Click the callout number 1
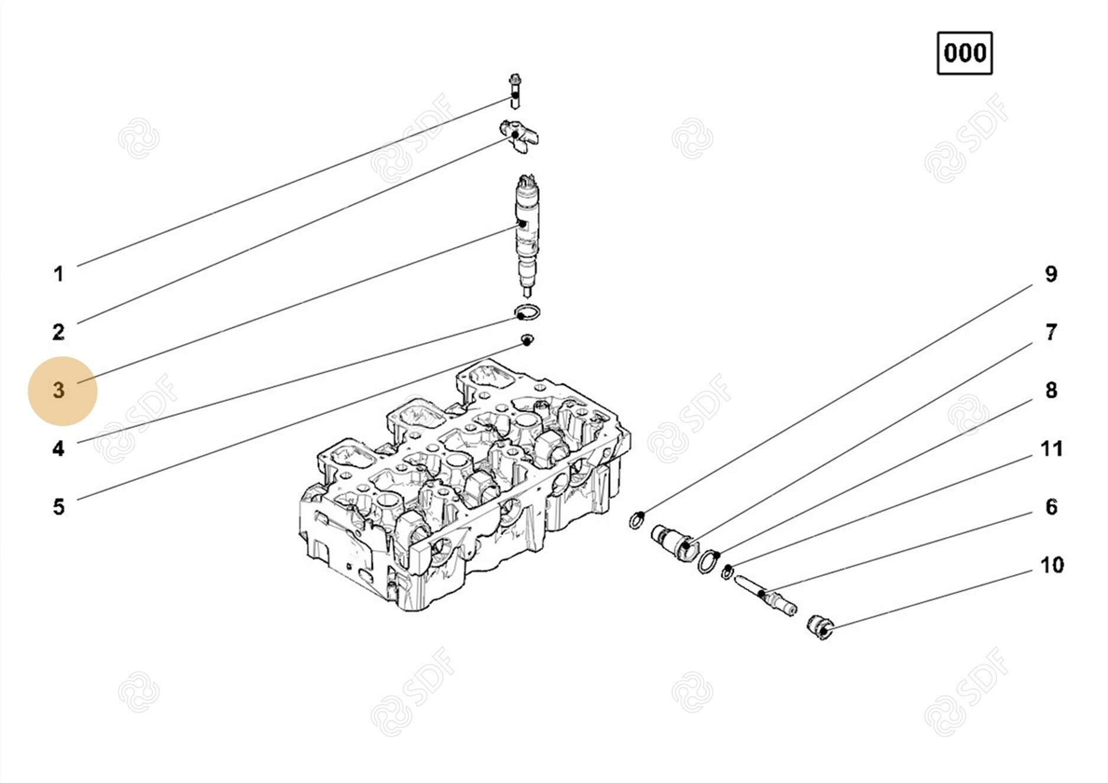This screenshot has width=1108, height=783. pyautogui.click(x=59, y=274)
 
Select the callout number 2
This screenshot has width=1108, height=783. pyautogui.click(x=59, y=332)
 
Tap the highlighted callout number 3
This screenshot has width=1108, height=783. pyautogui.click(x=59, y=390)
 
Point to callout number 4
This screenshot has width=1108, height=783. pyautogui.click(x=59, y=449)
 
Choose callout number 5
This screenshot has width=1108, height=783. pyautogui.click(x=59, y=507)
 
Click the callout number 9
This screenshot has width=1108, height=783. pyautogui.click(x=1051, y=274)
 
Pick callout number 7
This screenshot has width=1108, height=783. pyautogui.click(x=1051, y=332)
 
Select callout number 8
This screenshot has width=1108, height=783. pyautogui.click(x=1051, y=390)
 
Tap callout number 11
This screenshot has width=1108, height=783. pyautogui.click(x=1051, y=449)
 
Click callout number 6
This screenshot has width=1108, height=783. pyautogui.click(x=1051, y=507)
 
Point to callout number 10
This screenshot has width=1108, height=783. pyautogui.click(x=1052, y=565)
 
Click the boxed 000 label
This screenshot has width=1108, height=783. pyautogui.click(x=964, y=53)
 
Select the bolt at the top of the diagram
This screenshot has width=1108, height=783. pyautogui.click(x=515, y=91)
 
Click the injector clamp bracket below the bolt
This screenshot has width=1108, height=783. pyautogui.click(x=519, y=136)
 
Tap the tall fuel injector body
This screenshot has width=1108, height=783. pyautogui.click(x=527, y=235)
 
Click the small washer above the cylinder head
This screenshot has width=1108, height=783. pyautogui.click(x=527, y=340)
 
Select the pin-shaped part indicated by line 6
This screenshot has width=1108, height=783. pyautogui.click(x=766, y=596)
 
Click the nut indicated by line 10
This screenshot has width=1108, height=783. pyautogui.click(x=820, y=626)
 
